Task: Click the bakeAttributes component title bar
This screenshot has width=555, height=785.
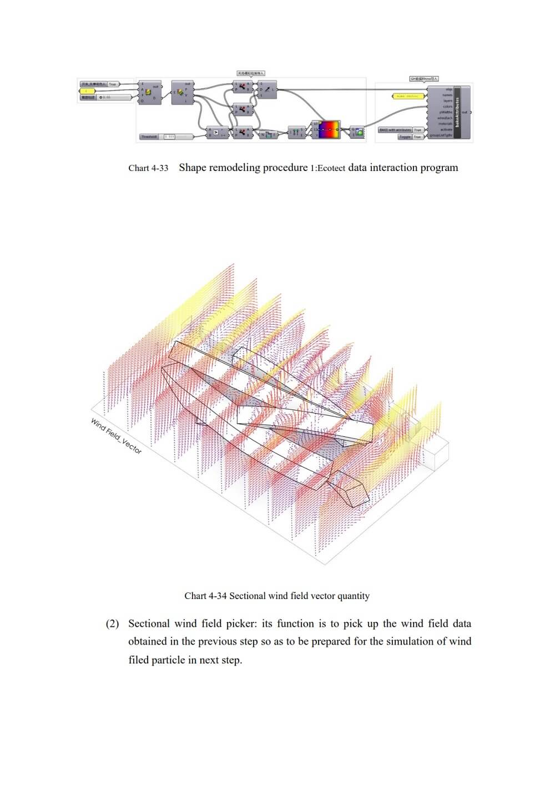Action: pyautogui.click(x=457, y=112)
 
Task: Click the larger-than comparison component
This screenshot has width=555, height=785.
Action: pyautogui.click(x=216, y=133)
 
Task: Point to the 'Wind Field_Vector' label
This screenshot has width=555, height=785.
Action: pyautogui.click(x=116, y=436)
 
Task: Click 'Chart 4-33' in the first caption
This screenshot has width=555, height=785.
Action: pyautogui.click(x=148, y=168)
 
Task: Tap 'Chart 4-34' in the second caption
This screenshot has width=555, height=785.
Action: pyautogui.click(x=205, y=596)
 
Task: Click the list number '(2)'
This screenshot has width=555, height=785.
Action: pyautogui.click(x=113, y=624)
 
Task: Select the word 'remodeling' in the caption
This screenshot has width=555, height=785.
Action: pyautogui.click(x=236, y=168)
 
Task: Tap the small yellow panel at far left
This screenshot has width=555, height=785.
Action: pyautogui.click(x=87, y=90)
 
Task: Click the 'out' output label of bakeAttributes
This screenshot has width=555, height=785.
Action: pyautogui.click(x=465, y=113)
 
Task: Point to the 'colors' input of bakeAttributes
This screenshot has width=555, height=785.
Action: pyautogui.click(x=447, y=107)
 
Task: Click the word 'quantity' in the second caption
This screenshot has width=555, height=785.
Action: pyautogui.click(x=350, y=596)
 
